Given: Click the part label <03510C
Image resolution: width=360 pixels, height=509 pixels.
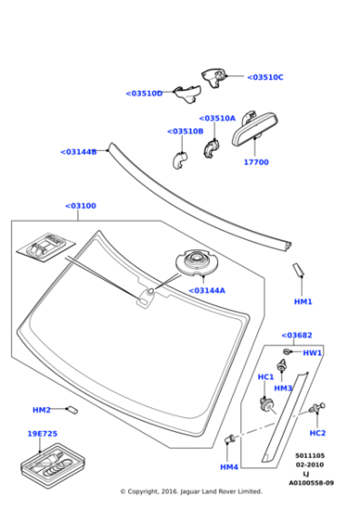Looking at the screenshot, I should point(265,77).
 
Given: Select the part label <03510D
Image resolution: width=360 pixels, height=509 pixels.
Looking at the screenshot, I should point(144,93).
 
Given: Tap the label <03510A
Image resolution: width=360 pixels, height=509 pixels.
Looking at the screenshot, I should point(217,118).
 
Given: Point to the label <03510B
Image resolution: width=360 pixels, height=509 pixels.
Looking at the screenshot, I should point(185,131).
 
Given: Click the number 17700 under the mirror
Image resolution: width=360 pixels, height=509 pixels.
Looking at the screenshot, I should point(255,162).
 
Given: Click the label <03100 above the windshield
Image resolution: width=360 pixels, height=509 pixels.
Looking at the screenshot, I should point(80,205).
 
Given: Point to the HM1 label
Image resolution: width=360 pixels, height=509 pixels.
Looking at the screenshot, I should point(303,301).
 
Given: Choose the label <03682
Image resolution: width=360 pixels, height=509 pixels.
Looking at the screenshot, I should point(296,335).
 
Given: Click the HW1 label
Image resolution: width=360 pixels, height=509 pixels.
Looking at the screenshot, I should point(312,353).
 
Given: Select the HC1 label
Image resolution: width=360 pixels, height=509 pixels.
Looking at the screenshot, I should point(265,376).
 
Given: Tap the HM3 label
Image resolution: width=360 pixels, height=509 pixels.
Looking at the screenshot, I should point(283,388).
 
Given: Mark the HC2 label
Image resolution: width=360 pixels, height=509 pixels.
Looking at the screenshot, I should point(317,433).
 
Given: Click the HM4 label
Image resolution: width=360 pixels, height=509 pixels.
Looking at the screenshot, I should point(228,466).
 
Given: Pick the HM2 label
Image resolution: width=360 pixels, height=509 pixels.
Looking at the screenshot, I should point(42,410).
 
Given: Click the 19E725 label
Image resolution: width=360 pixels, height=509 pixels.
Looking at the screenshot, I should point(42,434).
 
